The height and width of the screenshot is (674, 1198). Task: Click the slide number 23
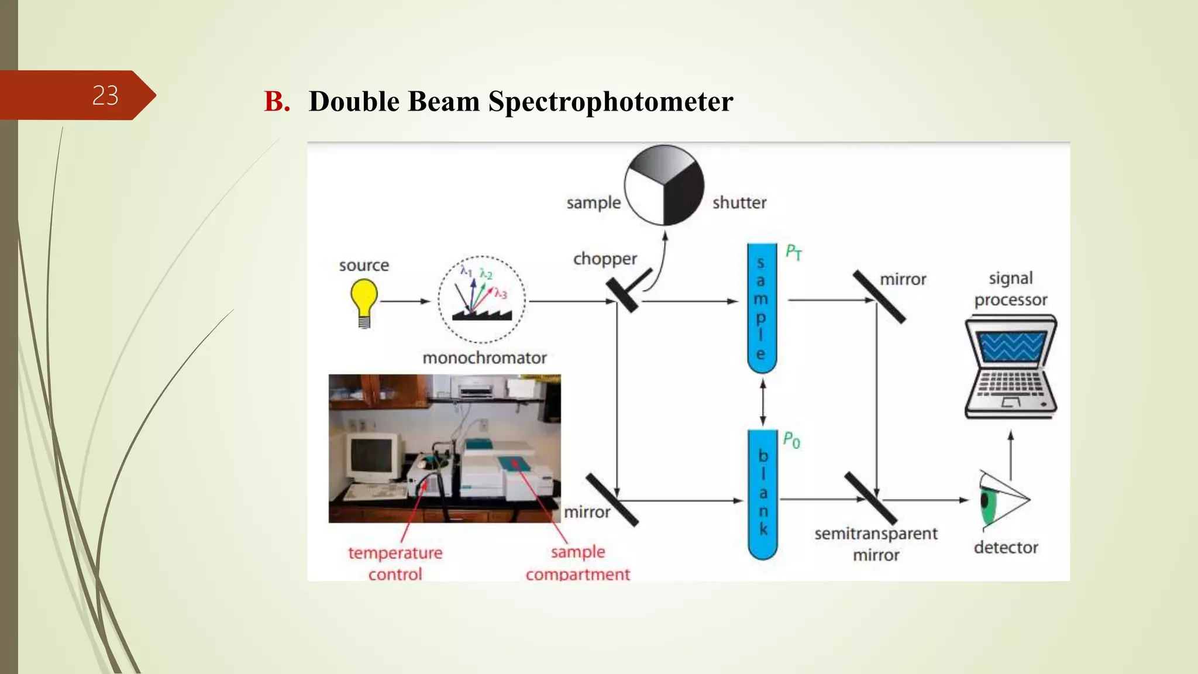coord(105,95)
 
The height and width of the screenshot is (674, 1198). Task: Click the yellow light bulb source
coord(364,301)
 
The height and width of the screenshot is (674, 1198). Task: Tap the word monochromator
coord(484,357)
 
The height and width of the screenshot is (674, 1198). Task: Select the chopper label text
coord(605,259)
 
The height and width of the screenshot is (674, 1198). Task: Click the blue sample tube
coord(762,308)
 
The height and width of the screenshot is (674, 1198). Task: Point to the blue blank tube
coord(763,494)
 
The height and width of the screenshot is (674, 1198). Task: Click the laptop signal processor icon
coord(1010,367)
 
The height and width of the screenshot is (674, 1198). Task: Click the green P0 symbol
coord(791,440)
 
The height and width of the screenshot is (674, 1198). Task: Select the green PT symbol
coord(793,253)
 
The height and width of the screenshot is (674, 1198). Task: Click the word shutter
coord(739,202)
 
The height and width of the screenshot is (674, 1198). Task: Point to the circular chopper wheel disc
coord(664,185)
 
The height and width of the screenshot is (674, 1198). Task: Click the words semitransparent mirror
coord(876,544)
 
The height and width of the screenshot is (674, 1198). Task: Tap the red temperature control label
coord(395,563)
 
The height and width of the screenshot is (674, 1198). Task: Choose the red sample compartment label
coord(578,563)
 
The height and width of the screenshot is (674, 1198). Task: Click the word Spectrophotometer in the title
coord(611,101)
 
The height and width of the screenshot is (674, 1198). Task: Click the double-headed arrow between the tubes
coord(763,402)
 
